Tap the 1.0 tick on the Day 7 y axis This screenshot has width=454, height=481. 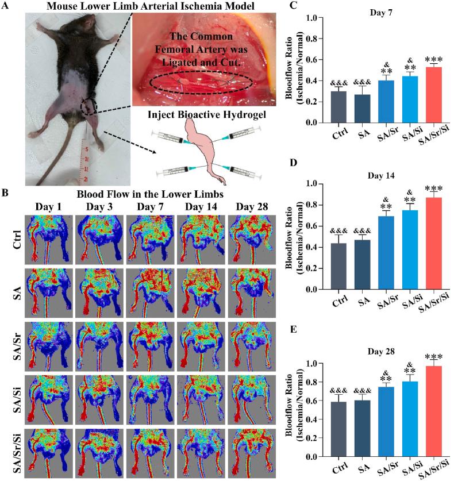[x=317, y=18]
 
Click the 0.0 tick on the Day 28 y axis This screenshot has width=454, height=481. [x=317, y=457]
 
